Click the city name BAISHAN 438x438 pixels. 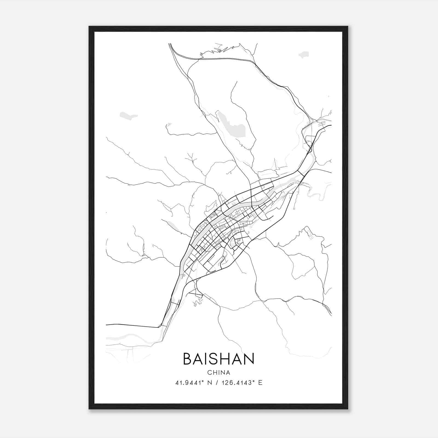(x=218, y=359)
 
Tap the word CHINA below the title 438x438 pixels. (x=218, y=373)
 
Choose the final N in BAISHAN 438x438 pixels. (x=249, y=359)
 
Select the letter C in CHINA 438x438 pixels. (x=209, y=373)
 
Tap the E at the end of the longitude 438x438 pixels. (x=260, y=383)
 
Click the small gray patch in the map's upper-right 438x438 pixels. (x=303, y=55)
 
